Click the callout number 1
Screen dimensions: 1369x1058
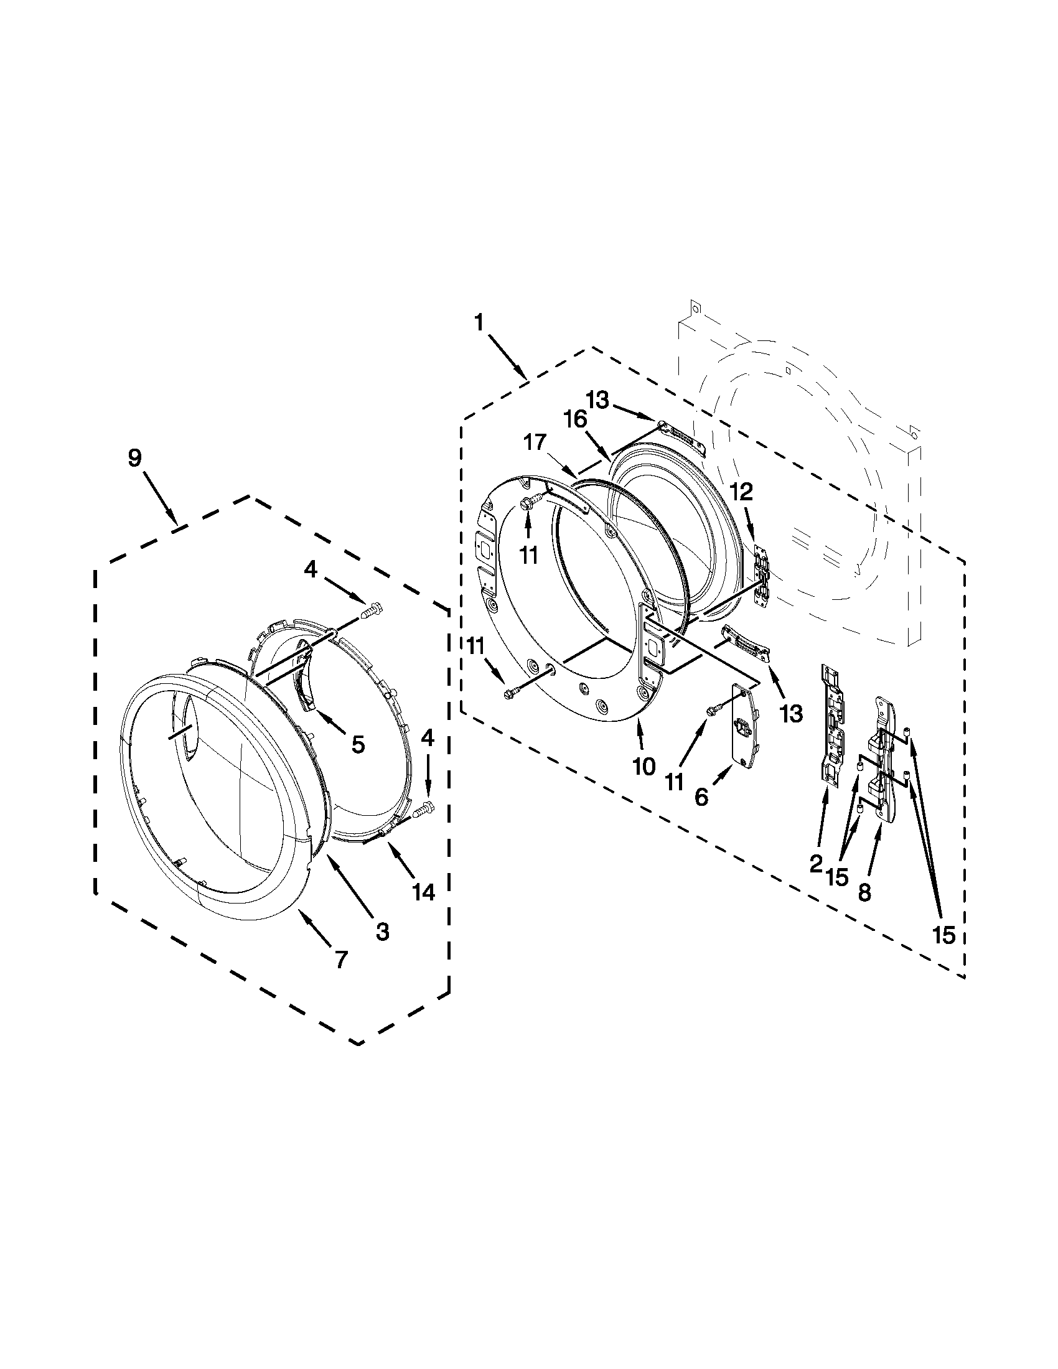[479, 323]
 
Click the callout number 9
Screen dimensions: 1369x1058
[135, 458]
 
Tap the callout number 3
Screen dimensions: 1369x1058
[382, 931]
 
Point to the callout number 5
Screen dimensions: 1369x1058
[358, 745]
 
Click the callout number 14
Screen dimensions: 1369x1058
[424, 892]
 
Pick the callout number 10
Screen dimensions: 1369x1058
[644, 766]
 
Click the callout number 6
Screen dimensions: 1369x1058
[701, 797]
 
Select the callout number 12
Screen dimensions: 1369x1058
[741, 492]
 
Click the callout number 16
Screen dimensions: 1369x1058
[578, 419]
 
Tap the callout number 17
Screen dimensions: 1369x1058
[536, 443]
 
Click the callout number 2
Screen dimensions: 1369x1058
[815, 865]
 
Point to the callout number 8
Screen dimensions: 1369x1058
[864, 892]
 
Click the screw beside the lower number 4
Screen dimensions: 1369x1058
[426, 810]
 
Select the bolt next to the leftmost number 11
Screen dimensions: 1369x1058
[509, 694]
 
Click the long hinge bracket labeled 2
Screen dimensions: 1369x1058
[833, 727]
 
